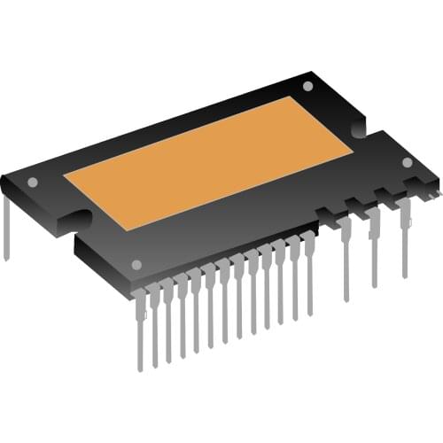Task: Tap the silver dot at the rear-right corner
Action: coord(307,87)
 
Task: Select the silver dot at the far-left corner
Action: coord(33,183)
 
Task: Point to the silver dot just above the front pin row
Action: coord(136,264)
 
